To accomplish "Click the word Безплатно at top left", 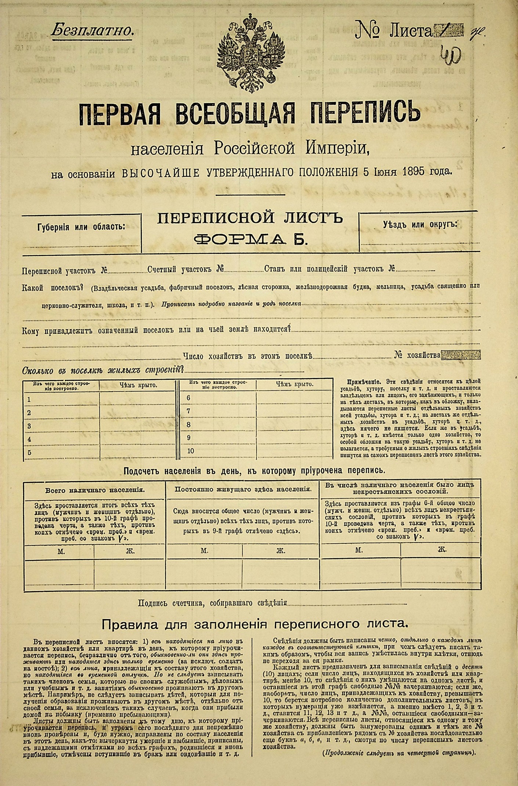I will [92, 31].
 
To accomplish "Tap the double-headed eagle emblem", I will [252, 53].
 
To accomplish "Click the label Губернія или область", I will [81, 227].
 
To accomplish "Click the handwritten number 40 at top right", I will [454, 55].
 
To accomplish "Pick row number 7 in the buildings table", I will [189, 411].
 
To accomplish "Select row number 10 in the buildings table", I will [190, 451].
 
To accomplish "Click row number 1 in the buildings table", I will [29, 399].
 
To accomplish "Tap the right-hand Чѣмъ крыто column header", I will [294, 384].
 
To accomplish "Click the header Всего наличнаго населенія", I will [95, 490].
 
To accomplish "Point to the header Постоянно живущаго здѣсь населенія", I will [243, 489].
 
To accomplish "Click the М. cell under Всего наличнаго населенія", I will [61, 551].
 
